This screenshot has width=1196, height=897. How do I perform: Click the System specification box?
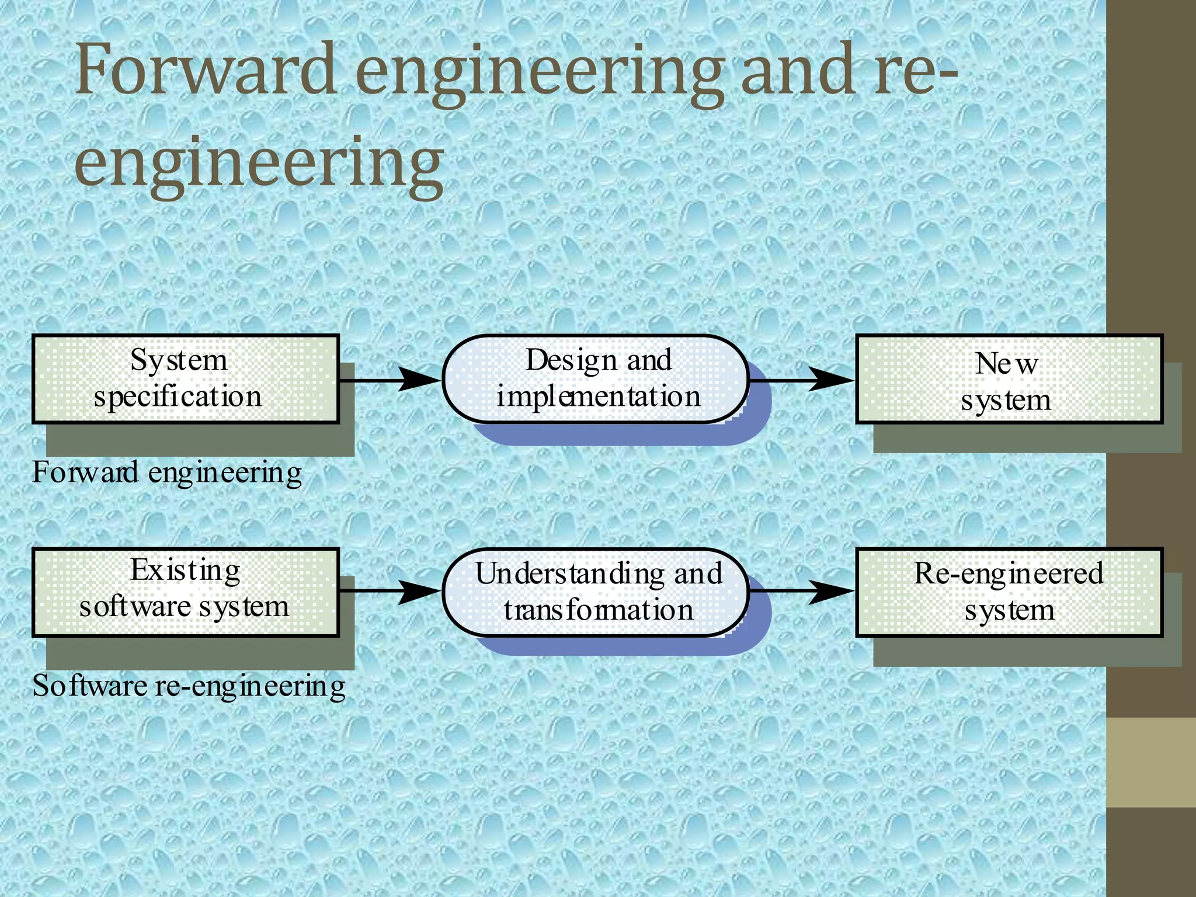(186, 379)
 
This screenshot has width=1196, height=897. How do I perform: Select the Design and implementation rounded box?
(596, 379)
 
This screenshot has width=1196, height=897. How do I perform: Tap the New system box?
(1009, 379)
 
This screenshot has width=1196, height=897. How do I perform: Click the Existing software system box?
(186, 592)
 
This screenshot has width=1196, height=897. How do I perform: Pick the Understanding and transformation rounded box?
(596, 592)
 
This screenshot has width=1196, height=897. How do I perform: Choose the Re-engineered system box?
(1009, 592)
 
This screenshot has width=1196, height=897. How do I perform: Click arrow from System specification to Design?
(390, 380)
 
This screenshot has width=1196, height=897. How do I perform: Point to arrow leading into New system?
(801, 380)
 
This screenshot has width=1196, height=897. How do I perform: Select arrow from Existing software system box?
(390, 591)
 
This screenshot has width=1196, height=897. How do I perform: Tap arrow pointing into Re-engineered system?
(801, 591)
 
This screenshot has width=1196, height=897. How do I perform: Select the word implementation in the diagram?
(598, 397)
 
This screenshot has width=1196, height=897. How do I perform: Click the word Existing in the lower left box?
(185, 571)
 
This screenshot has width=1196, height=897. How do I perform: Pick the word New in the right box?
(1006, 364)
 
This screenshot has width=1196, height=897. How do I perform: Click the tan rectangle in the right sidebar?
(1151, 762)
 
